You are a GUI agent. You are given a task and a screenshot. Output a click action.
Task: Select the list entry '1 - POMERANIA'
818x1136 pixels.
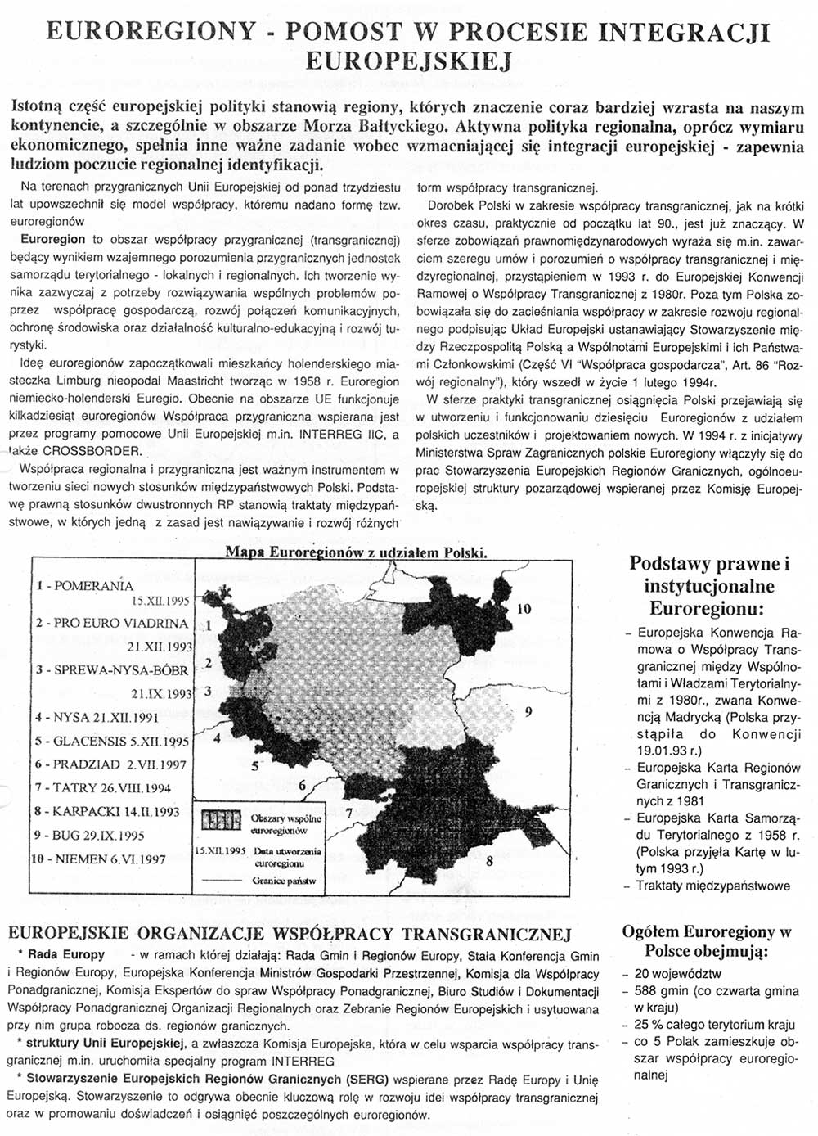(84, 586)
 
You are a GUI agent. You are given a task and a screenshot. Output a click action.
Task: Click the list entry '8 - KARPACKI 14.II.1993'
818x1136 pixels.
(107, 811)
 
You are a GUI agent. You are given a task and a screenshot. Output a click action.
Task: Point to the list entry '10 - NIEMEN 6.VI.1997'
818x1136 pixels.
(100, 859)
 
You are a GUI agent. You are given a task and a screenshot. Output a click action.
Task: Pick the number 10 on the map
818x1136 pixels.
(524, 609)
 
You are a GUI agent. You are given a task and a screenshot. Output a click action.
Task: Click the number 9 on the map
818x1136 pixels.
(528, 711)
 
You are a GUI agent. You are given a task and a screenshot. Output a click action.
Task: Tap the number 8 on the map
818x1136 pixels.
(488, 861)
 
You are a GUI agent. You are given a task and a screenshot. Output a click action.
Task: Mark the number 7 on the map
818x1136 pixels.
(349, 814)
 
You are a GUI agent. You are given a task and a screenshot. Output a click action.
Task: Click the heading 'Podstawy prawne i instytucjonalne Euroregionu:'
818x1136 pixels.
(709, 586)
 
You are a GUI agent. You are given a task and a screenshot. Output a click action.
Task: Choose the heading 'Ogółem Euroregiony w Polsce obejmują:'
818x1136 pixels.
(707, 941)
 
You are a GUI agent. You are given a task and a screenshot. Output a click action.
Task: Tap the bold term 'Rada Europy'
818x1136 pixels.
(66, 954)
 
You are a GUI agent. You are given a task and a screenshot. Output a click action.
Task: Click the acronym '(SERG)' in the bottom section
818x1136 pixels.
(366, 1079)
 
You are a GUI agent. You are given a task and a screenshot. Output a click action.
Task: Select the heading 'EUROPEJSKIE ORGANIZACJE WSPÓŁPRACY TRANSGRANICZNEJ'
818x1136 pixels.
(288, 934)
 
